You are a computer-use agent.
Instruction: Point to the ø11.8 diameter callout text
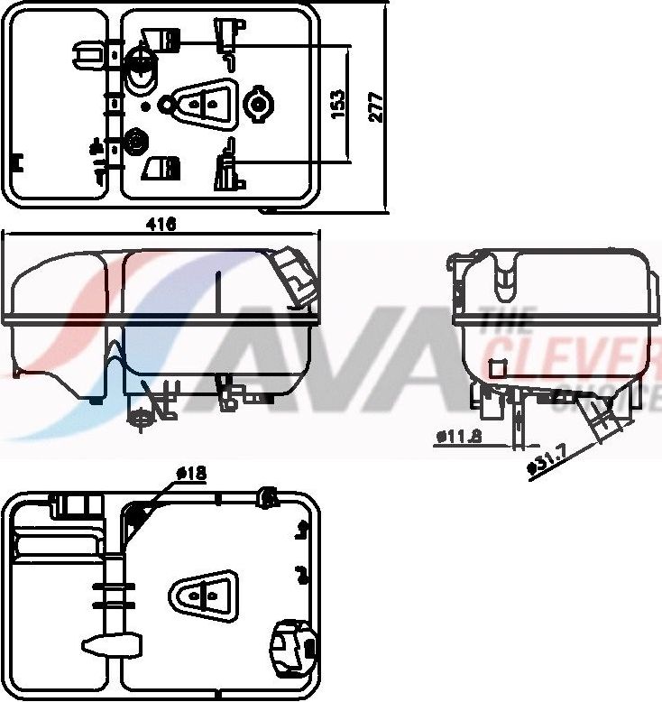point(459,436)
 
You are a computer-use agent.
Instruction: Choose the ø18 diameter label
point(191,473)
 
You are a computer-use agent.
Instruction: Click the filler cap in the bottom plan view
point(292,644)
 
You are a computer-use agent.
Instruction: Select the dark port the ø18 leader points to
point(136,517)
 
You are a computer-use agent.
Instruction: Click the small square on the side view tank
point(495,368)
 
